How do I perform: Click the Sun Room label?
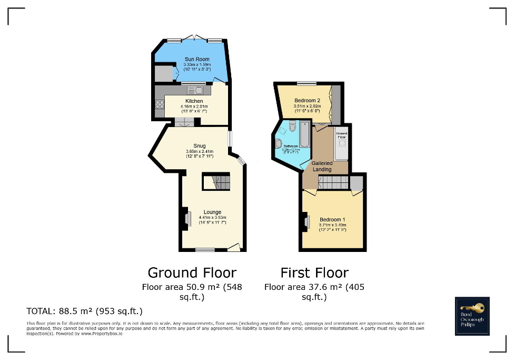click(197, 59)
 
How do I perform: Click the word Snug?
click(199, 146)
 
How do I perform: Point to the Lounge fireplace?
click(187, 218)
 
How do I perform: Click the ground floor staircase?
click(216, 182)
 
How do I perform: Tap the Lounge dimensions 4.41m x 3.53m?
click(212, 217)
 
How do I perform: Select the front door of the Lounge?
click(234, 247)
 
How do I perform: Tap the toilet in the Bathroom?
click(293, 127)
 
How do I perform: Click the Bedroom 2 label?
click(307, 101)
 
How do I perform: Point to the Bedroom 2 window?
click(306, 83)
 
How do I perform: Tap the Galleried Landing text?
click(322, 167)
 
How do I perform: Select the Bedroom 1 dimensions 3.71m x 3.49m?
click(332, 225)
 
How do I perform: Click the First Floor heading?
click(314, 273)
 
